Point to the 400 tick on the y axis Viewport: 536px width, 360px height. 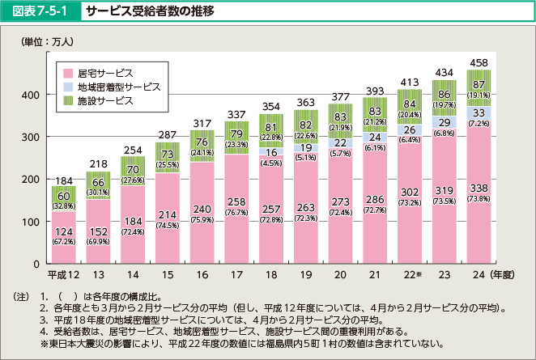[x=31, y=95]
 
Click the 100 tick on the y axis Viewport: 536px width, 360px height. [x=31, y=221]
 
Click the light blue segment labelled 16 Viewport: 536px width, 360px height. [x=271, y=152]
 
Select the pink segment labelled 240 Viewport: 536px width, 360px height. [x=202, y=212]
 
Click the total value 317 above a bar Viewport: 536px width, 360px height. [x=202, y=122]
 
